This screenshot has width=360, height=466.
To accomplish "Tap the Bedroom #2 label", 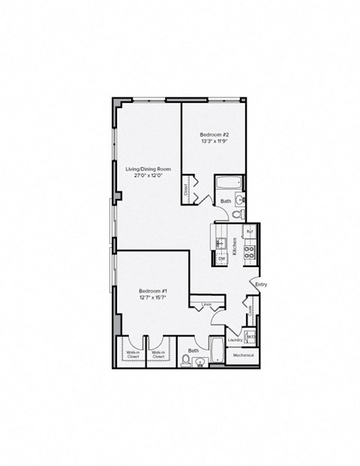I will (x=214, y=133).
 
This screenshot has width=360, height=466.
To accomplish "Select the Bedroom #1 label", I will (x=152, y=291).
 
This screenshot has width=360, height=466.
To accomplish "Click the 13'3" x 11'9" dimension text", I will (x=214, y=140).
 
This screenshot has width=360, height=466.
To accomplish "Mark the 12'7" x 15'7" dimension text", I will (x=152, y=299).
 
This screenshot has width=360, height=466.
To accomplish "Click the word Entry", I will (x=260, y=284).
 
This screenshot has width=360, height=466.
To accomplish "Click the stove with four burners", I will (x=251, y=251).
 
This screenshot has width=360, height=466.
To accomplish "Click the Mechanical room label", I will (x=243, y=355).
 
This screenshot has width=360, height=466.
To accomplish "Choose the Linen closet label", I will (x=205, y=305).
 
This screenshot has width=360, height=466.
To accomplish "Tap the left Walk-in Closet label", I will (x=133, y=354).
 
